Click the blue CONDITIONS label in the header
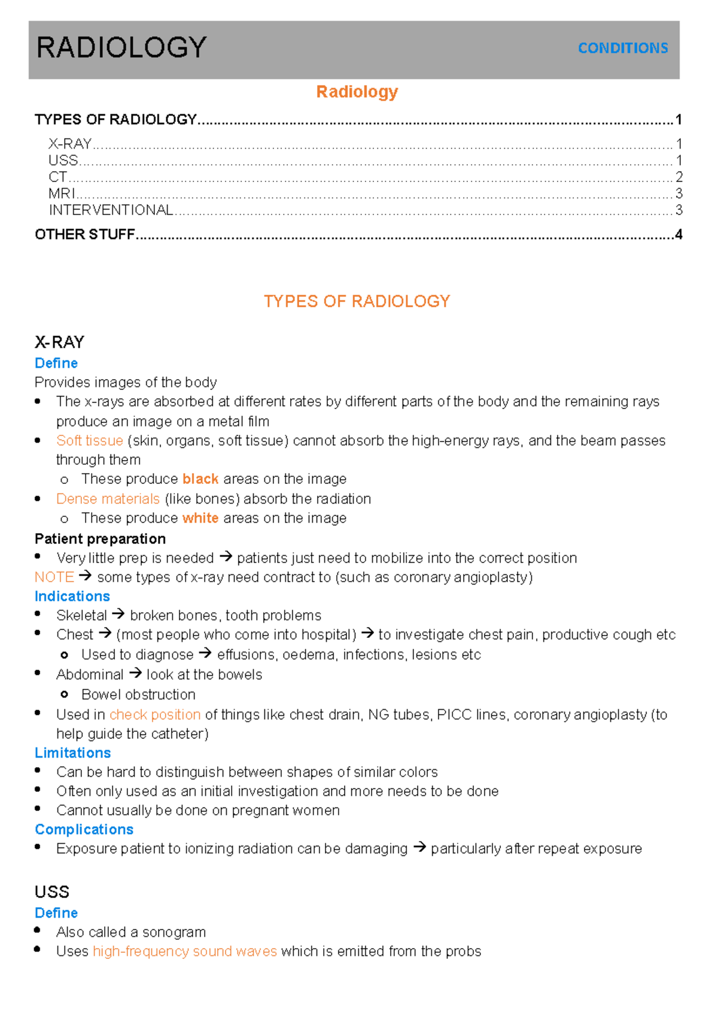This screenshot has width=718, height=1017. (622, 48)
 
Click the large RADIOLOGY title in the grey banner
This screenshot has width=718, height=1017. (121, 47)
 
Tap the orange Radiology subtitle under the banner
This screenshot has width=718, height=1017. (357, 92)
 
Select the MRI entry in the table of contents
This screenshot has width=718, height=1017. (62, 193)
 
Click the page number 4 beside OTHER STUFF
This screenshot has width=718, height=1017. (679, 234)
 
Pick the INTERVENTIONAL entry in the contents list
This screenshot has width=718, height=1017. (111, 210)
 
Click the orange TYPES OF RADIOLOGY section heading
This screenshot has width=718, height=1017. (357, 301)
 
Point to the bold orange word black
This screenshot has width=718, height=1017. (200, 479)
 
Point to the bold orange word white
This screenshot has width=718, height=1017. (200, 518)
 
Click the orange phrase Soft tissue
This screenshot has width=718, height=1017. (89, 441)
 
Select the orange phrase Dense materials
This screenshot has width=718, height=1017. (108, 499)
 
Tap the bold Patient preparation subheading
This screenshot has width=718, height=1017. (100, 538)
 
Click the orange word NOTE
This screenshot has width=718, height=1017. (54, 577)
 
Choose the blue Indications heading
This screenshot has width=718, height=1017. (72, 596)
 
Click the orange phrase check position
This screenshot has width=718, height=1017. (155, 715)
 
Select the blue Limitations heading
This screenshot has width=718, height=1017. (72, 753)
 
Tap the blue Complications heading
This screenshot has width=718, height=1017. (84, 830)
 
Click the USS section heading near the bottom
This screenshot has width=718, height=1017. (52, 892)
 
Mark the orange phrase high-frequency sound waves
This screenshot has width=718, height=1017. (184, 951)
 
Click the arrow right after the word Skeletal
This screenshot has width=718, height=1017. (118, 615)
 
